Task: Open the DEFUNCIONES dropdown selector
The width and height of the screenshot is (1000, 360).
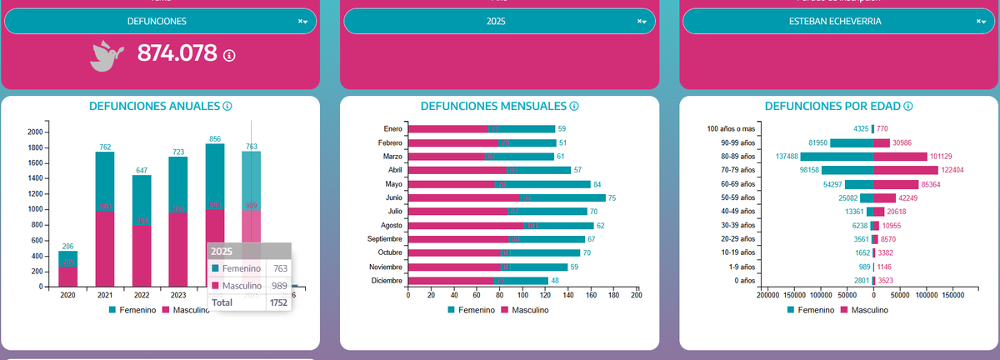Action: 160,21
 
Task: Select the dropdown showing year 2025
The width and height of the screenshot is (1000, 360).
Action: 496,21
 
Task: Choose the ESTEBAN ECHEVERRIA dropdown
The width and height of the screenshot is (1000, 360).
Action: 835,21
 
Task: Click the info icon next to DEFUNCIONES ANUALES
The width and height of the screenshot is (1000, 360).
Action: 227,107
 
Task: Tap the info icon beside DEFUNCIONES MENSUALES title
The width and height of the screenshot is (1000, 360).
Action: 574,107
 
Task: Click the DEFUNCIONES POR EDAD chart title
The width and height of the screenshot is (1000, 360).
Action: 832,107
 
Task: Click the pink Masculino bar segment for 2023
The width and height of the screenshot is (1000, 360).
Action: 178,249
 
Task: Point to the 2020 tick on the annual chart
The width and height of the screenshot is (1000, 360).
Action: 67,295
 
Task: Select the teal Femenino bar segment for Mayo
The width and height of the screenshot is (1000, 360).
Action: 542,184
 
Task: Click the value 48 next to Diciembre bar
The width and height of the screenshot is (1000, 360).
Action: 556,281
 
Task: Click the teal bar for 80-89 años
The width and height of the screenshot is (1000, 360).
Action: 837,156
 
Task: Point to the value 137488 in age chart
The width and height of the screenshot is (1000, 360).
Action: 787,156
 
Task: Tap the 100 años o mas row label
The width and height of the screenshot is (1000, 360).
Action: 730,129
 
